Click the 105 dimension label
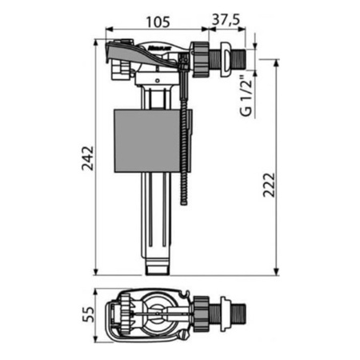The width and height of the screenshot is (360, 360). (x=158, y=22)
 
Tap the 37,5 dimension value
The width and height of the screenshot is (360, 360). (x=226, y=19)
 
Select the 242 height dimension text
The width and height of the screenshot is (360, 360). (x=88, y=158)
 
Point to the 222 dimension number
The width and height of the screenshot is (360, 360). (x=269, y=185)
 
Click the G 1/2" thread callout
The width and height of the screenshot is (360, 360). (x=246, y=96)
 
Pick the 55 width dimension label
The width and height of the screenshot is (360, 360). (x=88, y=314)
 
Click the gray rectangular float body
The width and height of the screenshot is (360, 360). (x=147, y=141)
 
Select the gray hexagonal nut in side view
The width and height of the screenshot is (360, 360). (x=200, y=59)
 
